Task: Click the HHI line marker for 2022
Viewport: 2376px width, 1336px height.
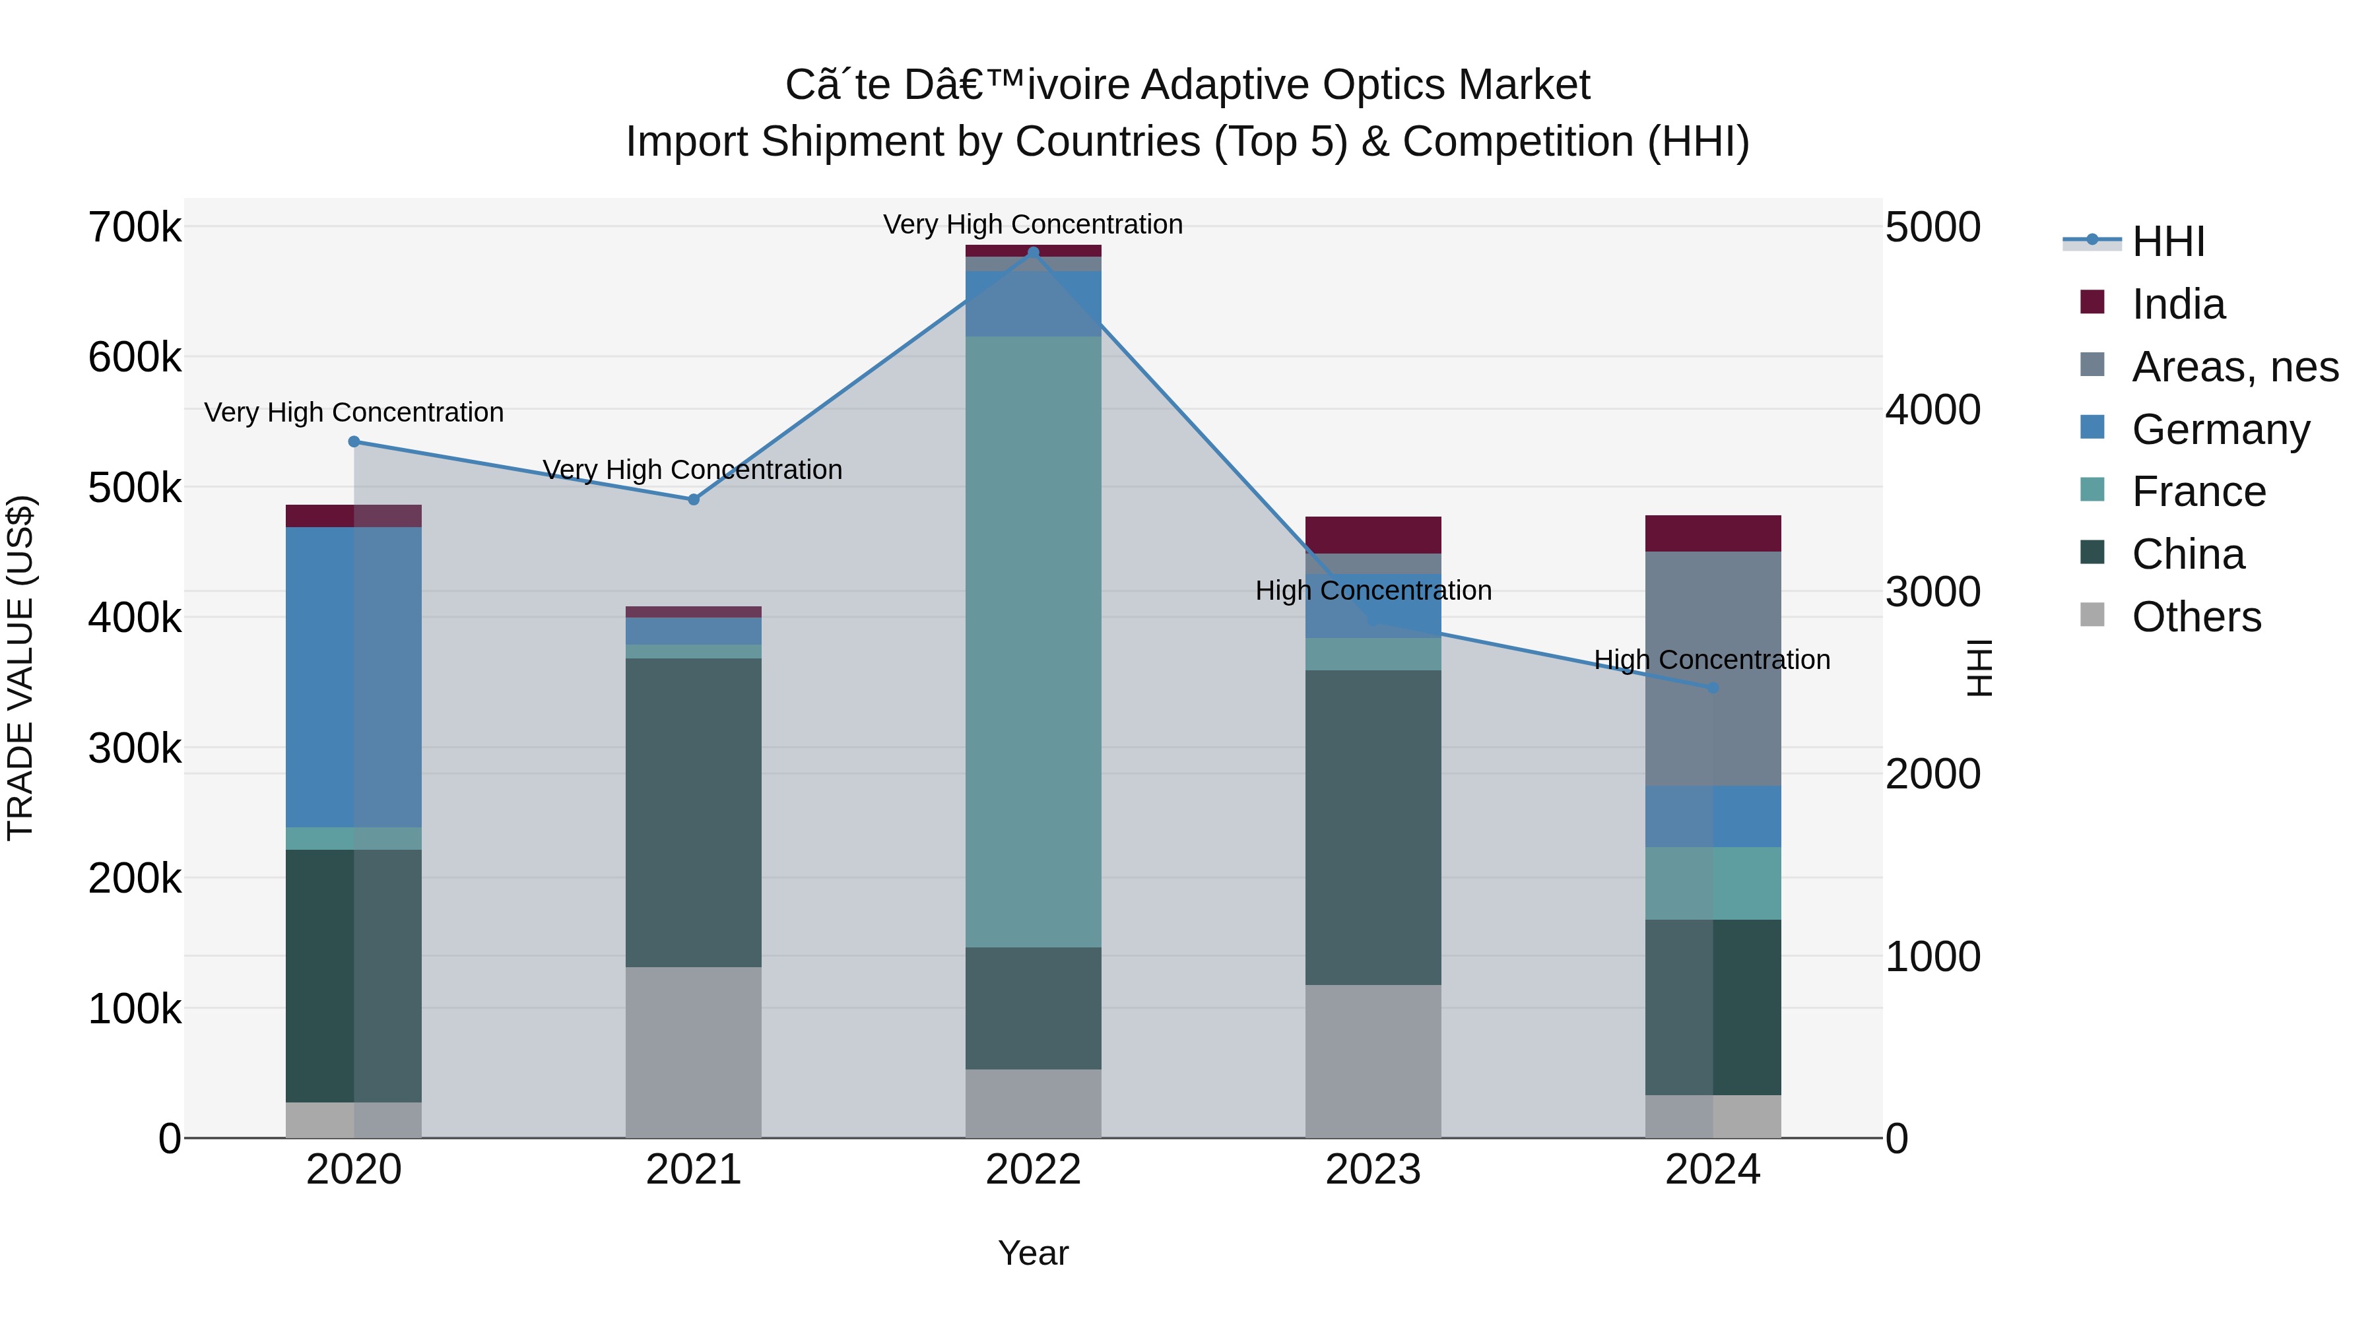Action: (1033, 253)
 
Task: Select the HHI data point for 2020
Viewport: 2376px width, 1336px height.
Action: (354, 441)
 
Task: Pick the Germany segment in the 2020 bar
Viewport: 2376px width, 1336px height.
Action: (354, 677)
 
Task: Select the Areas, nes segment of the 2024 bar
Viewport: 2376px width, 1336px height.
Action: (1713, 668)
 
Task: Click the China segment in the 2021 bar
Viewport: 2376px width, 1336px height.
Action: (694, 811)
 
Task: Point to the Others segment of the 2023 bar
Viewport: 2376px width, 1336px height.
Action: (1373, 1060)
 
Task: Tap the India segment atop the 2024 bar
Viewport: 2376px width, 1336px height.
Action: (1713, 533)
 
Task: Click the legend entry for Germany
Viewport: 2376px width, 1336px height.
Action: (2220, 429)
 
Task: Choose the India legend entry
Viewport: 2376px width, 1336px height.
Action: (2178, 304)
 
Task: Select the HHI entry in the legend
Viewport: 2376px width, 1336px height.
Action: (2167, 241)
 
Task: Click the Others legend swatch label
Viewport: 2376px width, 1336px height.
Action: (2196, 617)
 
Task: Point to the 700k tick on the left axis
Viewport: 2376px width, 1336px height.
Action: (135, 227)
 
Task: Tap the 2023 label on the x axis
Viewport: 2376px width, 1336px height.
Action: (1373, 1170)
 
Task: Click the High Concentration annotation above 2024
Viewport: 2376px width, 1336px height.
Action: (1712, 660)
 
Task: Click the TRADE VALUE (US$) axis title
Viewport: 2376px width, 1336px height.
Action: (20, 668)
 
